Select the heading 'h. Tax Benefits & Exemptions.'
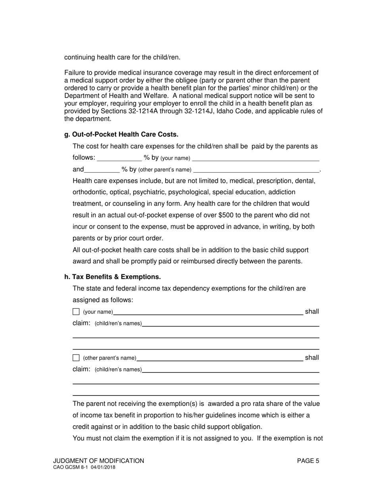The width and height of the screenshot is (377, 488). pyautogui.click(x=112, y=277)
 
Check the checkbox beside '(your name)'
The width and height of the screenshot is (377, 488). pyautogui.click(x=76, y=312)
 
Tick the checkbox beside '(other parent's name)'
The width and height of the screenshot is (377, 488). pyautogui.click(x=76, y=358)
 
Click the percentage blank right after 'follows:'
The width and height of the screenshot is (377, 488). pyautogui.click(x=119, y=158)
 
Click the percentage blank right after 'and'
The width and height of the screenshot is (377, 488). pyautogui.click(x=102, y=169)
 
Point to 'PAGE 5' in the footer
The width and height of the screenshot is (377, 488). pyautogui.click(x=308, y=461)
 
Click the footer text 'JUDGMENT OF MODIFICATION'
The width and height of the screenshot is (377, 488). pyautogui.click(x=99, y=461)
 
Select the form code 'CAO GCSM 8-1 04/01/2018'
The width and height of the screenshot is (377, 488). pyautogui.click(x=84, y=468)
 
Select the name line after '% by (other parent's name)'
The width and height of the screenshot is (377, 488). pyautogui.click(x=256, y=170)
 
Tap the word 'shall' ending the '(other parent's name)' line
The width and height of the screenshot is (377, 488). pyautogui.click(x=312, y=357)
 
